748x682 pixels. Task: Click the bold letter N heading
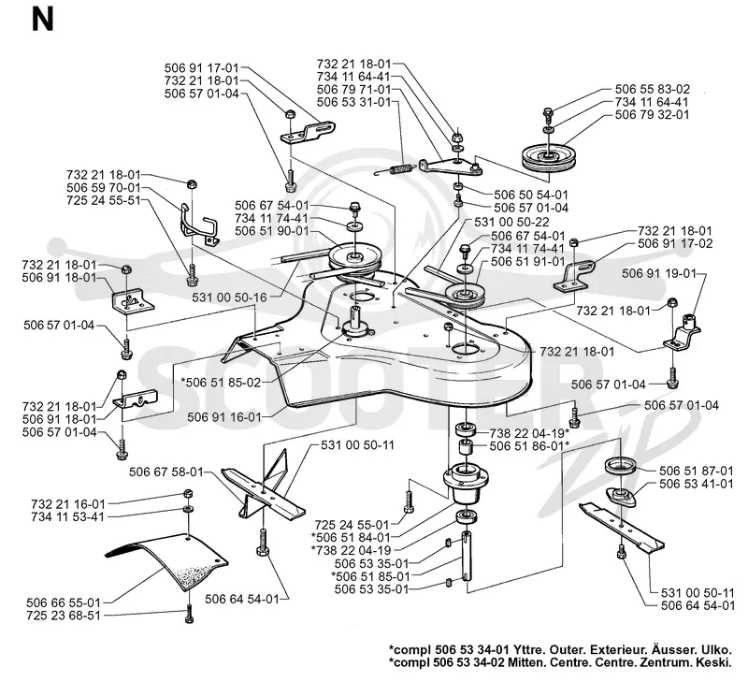pyautogui.click(x=42, y=21)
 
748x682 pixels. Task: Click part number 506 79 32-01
pyautogui.click(x=652, y=114)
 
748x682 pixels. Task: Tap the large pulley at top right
pyautogui.click(x=549, y=157)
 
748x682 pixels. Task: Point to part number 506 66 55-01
pyautogui.click(x=63, y=602)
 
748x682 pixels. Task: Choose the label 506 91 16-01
pyautogui.click(x=224, y=417)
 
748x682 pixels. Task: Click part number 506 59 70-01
pyautogui.click(x=104, y=187)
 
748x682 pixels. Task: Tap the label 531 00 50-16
pyautogui.click(x=229, y=297)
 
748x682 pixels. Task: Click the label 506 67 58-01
pyautogui.click(x=166, y=472)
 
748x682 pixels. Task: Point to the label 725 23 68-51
pyautogui.click(x=64, y=616)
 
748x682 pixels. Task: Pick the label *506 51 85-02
pyautogui.click(x=221, y=383)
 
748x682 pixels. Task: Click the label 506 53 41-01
pyautogui.click(x=696, y=484)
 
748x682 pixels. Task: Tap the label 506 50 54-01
pyautogui.click(x=531, y=195)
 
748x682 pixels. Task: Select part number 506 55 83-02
pyautogui.click(x=652, y=89)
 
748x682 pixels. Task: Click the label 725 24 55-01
pyautogui.click(x=352, y=525)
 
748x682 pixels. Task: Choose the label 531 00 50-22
pyautogui.click(x=511, y=222)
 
